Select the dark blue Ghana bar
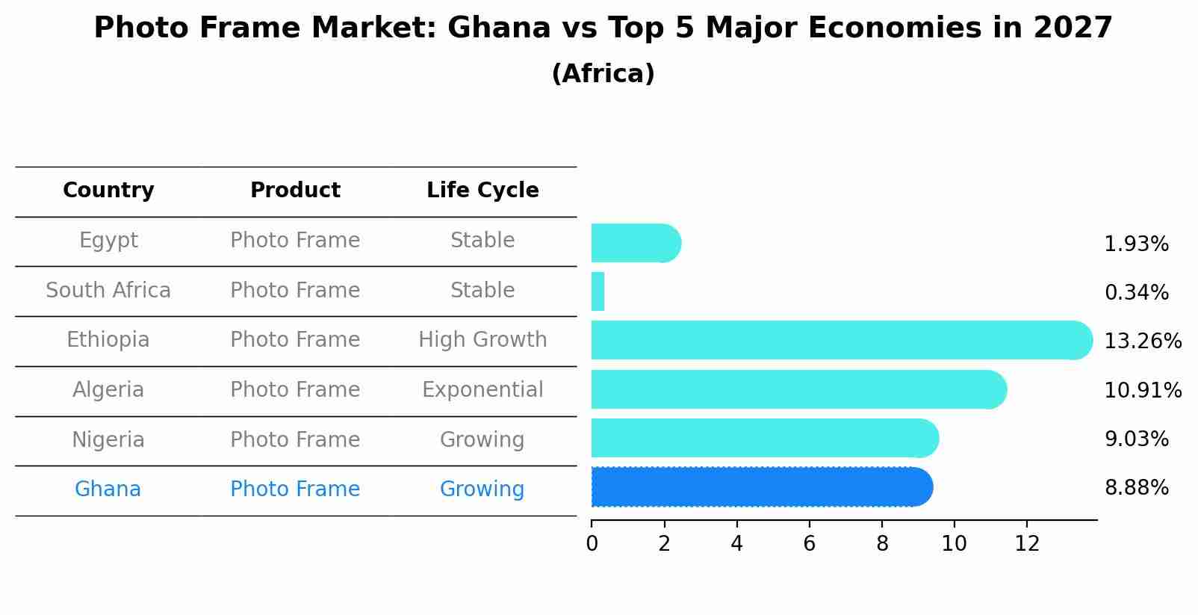coord(762,487)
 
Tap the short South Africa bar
coord(598,291)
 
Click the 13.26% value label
coord(1142,342)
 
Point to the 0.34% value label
coord(1136,293)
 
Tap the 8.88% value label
coord(1136,488)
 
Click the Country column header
coord(108,191)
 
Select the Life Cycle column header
coord(482,191)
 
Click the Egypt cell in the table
coord(108,241)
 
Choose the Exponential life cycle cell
coord(482,390)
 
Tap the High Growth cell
coord(482,340)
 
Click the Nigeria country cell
coord(108,439)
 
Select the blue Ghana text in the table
coord(108,489)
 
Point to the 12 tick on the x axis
coord(1027,544)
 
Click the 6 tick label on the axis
coord(809,544)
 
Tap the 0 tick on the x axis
coord(592,544)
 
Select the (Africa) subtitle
coord(603,74)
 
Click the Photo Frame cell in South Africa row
coord(295,291)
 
